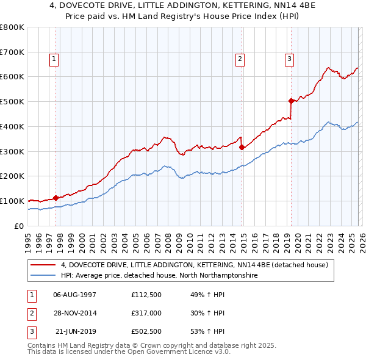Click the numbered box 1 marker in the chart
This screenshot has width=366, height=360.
pos(54,59)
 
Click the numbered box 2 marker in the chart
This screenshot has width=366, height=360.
pos(240,59)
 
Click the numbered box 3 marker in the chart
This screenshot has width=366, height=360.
pos(289,59)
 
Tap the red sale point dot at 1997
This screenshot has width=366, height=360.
pos(56,198)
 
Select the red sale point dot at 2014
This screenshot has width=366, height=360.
pos(242,147)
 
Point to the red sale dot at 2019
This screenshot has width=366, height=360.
pos(291,101)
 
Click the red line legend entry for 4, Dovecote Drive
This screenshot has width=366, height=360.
pos(195,265)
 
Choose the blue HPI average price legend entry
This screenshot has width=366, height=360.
pos(159,276)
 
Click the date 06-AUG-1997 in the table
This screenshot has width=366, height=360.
pos(75,294)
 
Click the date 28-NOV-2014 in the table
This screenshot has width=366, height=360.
pos(75,313)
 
